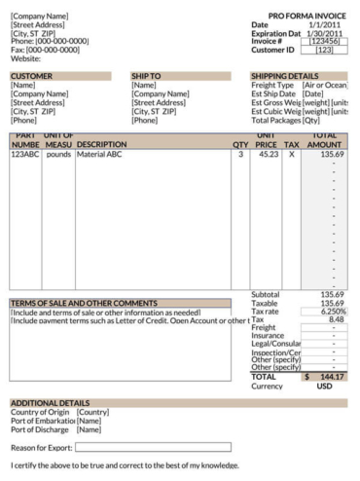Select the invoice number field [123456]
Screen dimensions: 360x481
[325, 41]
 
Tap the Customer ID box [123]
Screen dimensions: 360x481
[325, 50]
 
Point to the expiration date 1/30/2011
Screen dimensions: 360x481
[327, 33]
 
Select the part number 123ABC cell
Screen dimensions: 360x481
[25, 154]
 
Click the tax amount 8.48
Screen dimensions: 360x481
[336, 319]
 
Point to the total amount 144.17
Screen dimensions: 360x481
[331, 376]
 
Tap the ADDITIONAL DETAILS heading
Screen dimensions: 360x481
[50, 402]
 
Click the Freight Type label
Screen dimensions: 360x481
[272, 86]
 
